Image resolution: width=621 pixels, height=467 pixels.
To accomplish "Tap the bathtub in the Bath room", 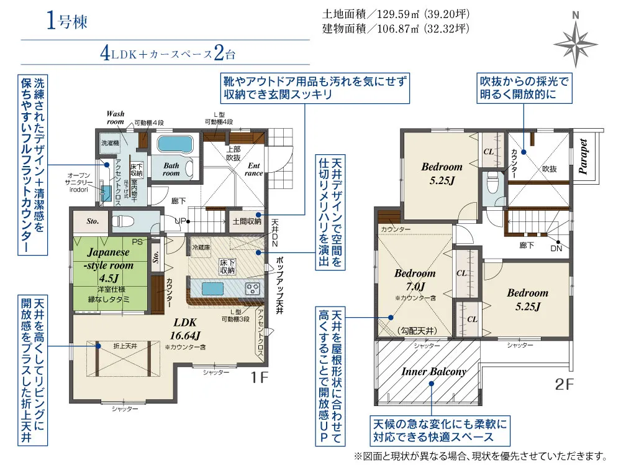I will (176, 144).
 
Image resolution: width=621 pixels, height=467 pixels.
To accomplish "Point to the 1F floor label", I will (260, 377).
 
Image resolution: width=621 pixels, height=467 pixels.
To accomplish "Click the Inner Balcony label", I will (433, 371).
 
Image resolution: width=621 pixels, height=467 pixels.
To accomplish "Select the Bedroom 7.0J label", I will (415, 280).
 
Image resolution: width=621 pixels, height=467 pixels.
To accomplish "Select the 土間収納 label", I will (247, 221).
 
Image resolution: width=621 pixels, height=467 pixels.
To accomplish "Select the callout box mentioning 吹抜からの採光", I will (523, 88).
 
